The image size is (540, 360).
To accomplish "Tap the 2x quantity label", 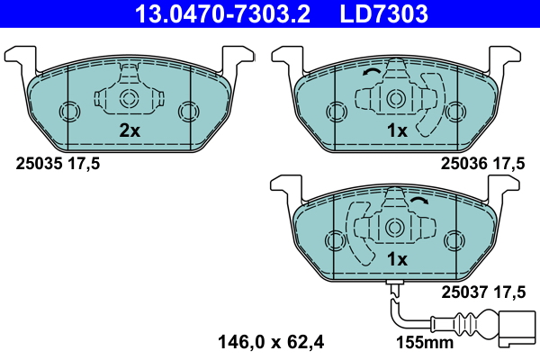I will coord(130,130).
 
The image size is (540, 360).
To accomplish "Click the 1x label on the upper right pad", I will coord(397,130).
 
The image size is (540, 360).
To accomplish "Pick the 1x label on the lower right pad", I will coord(397,259).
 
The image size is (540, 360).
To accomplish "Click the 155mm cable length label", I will coord(426,342).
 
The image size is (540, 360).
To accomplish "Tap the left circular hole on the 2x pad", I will coord(69,111).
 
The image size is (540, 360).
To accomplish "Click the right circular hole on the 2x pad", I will coord(187,111).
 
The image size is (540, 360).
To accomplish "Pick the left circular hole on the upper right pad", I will coord(336,111).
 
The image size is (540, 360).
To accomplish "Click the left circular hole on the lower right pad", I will coord(336,240).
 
